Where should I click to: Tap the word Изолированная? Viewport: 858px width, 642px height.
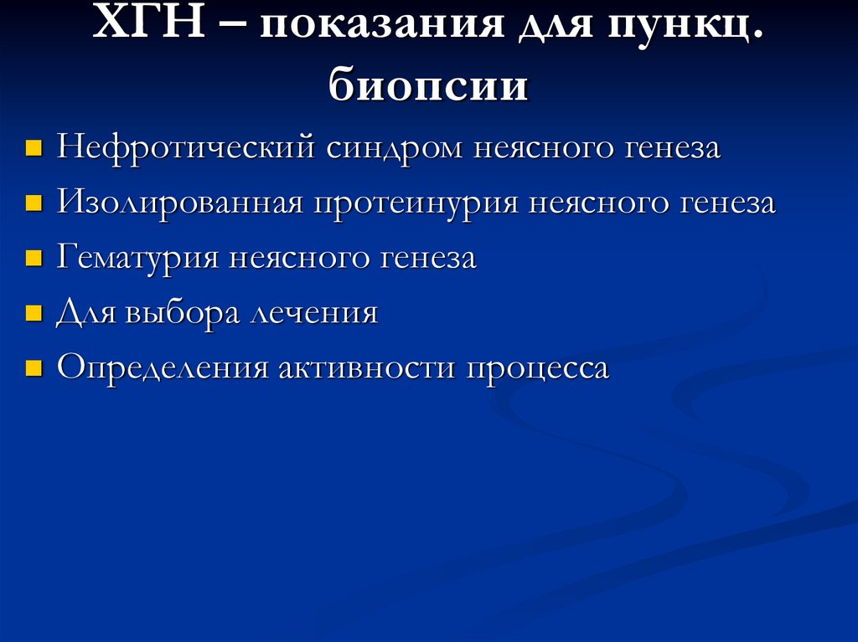180,203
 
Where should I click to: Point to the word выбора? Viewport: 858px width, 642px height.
180,314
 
